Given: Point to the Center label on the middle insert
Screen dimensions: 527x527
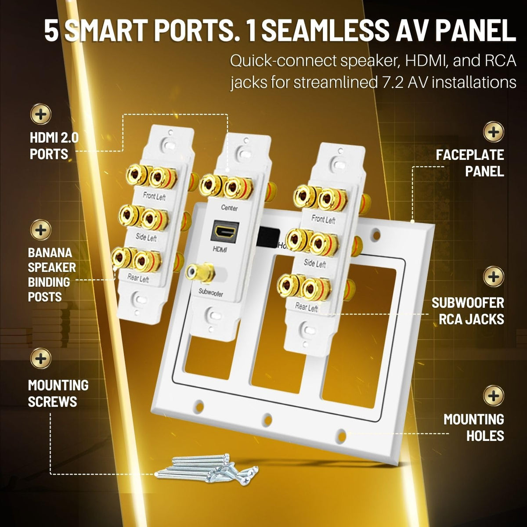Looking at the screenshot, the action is pyautogui.click(x=229, y=208).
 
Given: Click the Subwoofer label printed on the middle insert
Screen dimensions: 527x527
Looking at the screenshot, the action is pyautogui.click(x=211, y=292).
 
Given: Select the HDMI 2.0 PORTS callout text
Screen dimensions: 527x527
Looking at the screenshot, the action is pyautogui.click(x=54, y=145).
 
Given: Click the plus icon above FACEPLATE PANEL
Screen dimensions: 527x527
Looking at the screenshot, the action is pyautogui.click(x=493, y=132).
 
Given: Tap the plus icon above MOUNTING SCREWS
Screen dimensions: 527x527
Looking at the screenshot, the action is pyautogui.click(x=41, y=358).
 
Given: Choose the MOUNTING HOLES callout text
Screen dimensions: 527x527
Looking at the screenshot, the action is pyautogui.click(x=474, y=427).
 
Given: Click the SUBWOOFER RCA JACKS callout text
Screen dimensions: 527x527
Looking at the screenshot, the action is pyautogui.click(x=468, y=311).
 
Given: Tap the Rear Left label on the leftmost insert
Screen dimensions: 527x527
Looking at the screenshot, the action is pyautogui.click(x=138, y=278).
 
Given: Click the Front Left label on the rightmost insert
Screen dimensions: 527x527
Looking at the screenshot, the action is pyautogui.click(x=323, y=219).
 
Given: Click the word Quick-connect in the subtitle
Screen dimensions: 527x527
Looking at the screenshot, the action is pyautogui.click(x=283, y=61).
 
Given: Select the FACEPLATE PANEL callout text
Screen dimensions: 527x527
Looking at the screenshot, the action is pyautogui.click(x=470, y=163).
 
